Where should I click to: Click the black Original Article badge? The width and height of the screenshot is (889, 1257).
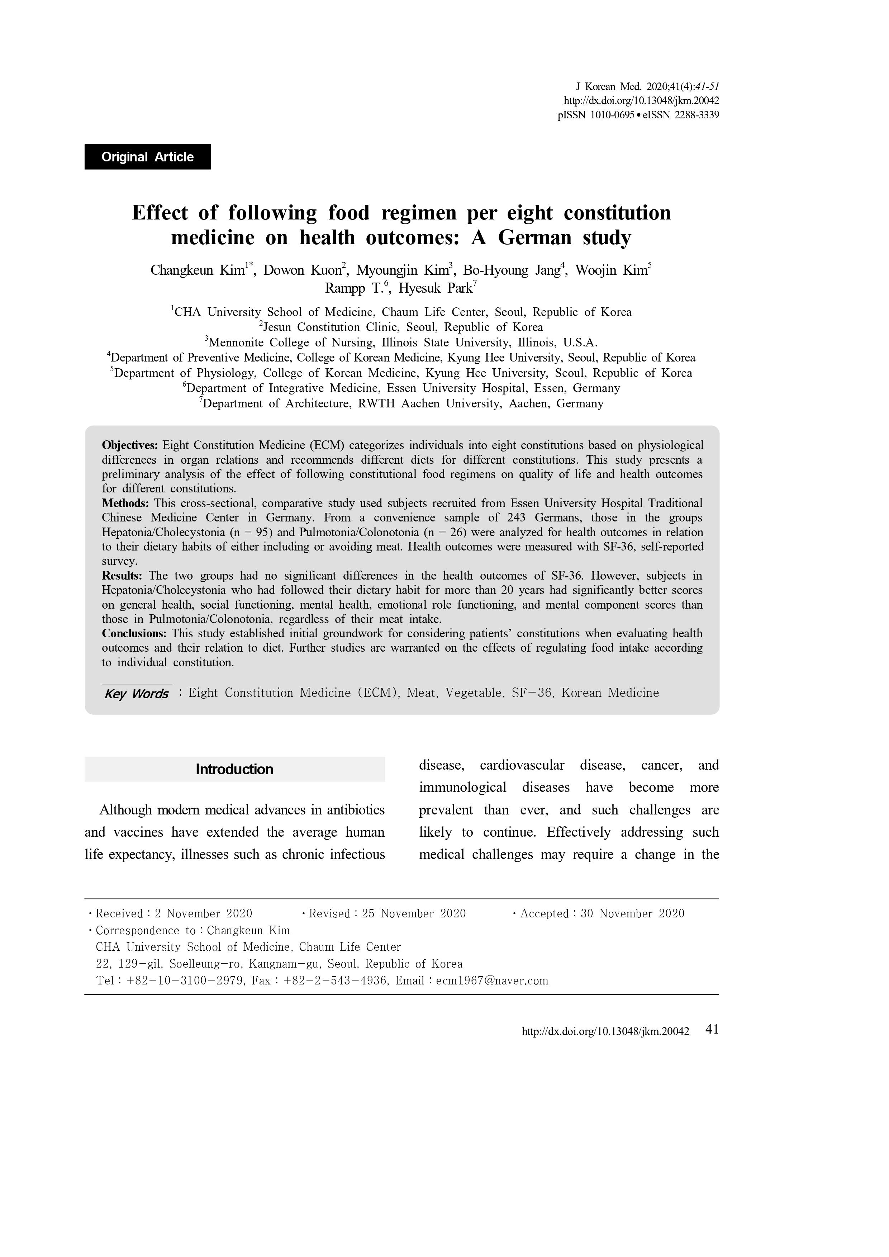(147, 157)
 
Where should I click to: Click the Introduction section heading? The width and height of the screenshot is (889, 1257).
(234, 769)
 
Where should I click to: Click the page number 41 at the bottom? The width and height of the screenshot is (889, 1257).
(712, 1029)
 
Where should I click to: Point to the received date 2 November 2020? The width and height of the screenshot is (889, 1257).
(203, 913)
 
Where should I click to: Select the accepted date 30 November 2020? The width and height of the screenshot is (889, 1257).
(632, 913)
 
